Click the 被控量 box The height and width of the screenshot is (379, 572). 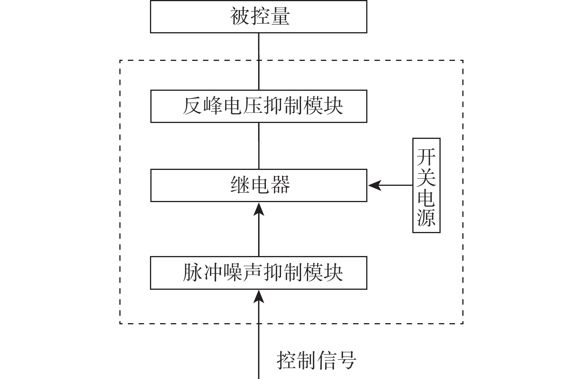(x=258, y=17)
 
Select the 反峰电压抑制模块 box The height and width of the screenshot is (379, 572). (x=258, y=106)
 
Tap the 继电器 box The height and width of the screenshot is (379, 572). (x=258, y=185)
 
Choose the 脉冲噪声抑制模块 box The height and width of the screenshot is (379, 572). (x=258, y=273)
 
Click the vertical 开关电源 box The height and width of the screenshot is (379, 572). (x=426, y=185)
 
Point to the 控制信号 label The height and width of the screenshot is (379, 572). (x=316, y=360)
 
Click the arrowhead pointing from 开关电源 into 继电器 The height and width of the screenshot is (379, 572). (x=374, y=185)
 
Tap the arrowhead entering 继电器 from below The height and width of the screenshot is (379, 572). (x=259, y=209)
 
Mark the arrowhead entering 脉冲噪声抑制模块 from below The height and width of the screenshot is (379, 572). (x=259, y=296)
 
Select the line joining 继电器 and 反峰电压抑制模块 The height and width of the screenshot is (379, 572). (x=259, y=146)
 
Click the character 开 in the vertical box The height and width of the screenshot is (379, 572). (x=426, y=156)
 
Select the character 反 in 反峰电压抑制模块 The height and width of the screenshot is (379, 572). (x=193, y=106)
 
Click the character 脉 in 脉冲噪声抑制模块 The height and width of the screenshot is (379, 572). (x=193, y=273)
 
